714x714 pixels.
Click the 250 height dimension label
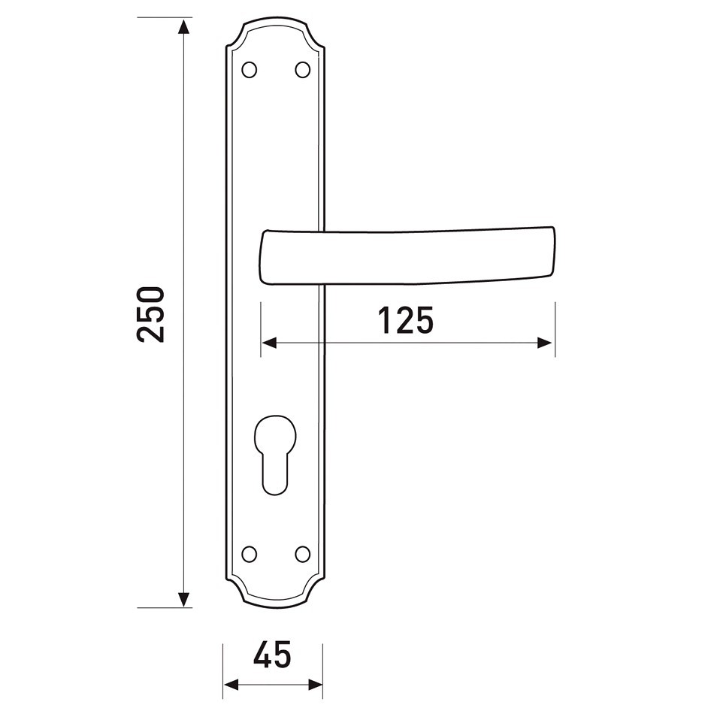150,314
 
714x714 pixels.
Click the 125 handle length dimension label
406,320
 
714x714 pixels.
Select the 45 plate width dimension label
272,655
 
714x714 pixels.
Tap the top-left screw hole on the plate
249,70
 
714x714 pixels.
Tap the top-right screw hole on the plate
302,70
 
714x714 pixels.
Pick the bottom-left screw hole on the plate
249,554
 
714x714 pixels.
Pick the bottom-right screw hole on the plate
302,554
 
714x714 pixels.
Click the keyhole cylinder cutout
275,455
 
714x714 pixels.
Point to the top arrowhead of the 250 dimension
183,27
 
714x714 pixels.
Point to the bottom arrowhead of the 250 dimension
183,599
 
